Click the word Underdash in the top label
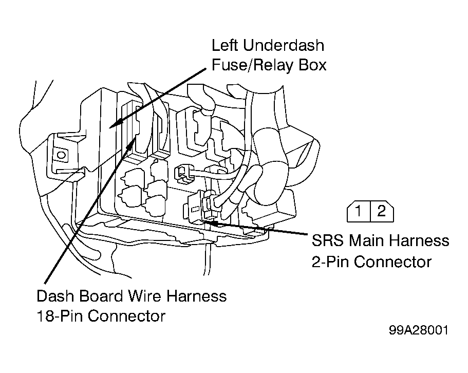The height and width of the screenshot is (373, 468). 284,45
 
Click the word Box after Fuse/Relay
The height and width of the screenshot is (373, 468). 312,65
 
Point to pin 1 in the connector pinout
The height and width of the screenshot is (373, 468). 359,211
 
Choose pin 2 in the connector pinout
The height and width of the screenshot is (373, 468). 382,211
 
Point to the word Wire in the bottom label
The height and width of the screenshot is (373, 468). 145,296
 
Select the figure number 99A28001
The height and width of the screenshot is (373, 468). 419,330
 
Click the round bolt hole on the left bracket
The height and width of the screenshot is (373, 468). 61,155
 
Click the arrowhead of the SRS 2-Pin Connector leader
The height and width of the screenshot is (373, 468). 209,221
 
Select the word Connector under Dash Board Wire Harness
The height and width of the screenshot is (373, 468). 127,315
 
